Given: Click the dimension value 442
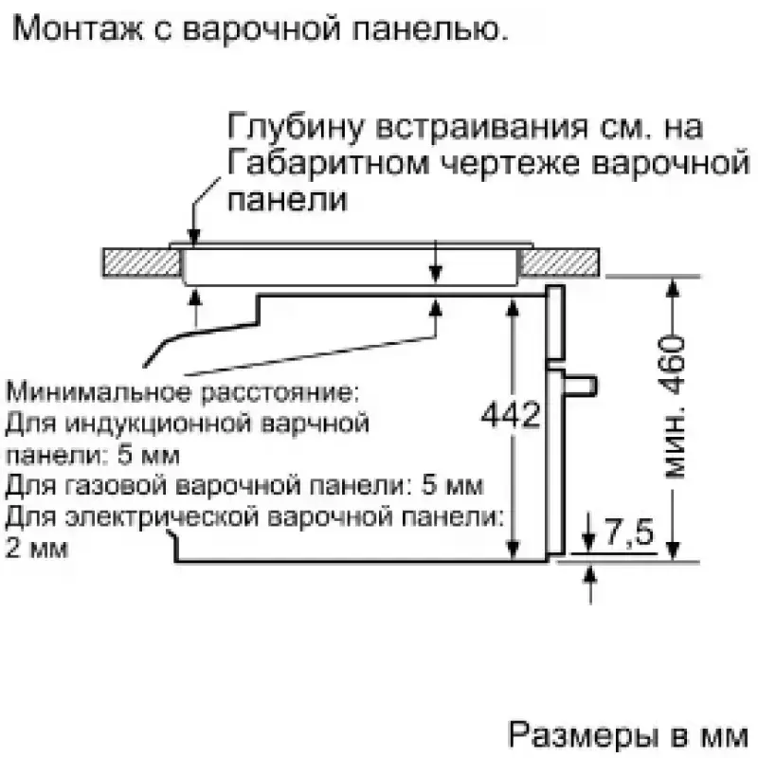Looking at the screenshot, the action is [x=511, y=414].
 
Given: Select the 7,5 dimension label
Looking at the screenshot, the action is [x=628, y=532].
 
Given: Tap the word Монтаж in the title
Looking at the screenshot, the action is [x=78, y=28].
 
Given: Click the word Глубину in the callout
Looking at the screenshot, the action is [x=295, y=127].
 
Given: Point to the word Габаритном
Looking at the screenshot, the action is [x=329, y=163].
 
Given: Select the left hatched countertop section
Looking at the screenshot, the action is [x=141, y=263].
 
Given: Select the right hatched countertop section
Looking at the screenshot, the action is [x=560, y=263].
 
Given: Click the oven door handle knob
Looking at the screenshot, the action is [x=580, y=386].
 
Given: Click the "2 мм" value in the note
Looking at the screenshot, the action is [x=37, y=548].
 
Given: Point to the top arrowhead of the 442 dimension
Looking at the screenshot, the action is [x=513, y=307].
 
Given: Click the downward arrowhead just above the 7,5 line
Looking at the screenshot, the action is [x=588, y=542].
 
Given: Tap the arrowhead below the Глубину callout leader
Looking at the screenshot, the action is [x=194, y=236].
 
